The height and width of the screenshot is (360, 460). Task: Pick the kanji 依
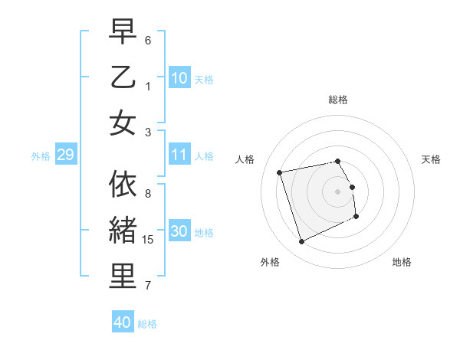(x=123, y=185)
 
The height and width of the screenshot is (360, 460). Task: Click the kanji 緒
(x=123, y=231)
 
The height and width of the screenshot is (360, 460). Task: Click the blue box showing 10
(x=179, y=77)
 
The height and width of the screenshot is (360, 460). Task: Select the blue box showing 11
(x=179, y=155)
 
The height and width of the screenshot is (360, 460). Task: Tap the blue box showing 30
(x=179, y=231)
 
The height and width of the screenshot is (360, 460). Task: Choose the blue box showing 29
(x=65, y=155)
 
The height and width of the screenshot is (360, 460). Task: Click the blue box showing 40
(x=123, y=322)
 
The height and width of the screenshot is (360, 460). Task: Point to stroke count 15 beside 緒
(x=149, y=239)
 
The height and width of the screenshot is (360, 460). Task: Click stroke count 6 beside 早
(x=148, y=40)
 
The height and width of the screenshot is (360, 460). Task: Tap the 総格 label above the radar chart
(x=338, y=100)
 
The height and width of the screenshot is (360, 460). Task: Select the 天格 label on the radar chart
(x=432, y=159)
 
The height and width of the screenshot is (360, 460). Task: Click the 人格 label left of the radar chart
(x=245, y=159)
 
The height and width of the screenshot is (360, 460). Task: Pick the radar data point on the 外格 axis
(x=301, y=242)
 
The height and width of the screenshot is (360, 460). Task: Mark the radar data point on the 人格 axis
(x=280, y=172)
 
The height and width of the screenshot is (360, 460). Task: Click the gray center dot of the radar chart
(x=338, y=191)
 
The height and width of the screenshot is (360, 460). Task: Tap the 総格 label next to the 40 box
(x=147, y=324)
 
